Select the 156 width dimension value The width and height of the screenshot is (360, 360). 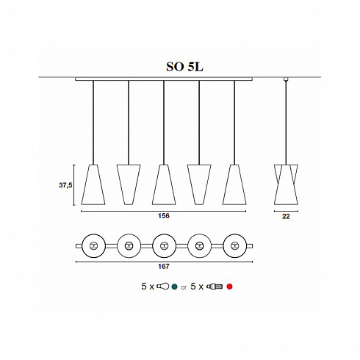pyautogui.click(x=164, y=217)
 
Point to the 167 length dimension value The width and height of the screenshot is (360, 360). pyautogui.click(x=164, y=269)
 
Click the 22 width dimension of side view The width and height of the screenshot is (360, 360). pyautogui.click(x=287, y=217)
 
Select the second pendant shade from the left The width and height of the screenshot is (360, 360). pyautogui.click(x=129, y=184)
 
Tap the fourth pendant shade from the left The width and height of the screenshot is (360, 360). pyautogui.click(x=198, y=184)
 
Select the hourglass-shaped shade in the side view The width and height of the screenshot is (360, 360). pyautogui.click(x=287, y=184)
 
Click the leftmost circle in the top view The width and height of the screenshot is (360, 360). pyautogui.click(x=93, y=244)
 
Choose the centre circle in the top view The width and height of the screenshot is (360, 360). pyautogui.click(x=164, y=244)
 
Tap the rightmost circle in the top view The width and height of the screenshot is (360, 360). pyautogui.click(x=234, y=244)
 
